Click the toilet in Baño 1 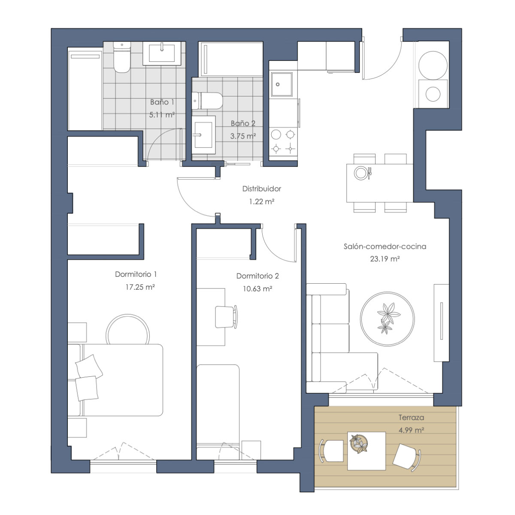pos(122,57)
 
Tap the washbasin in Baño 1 pos(162,53)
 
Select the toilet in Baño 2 pos(207,101)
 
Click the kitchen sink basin pos(282,84)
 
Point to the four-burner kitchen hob pos(283,141)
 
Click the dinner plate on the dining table pos(361,173)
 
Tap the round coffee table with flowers pos(387,319)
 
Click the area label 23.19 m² pos(385,259)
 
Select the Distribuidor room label pos(262,189)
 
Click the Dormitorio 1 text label pos(136,274)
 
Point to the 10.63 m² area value pos(257,289)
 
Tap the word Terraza pos(411,418)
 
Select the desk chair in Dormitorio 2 pos(226,317)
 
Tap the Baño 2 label pos(243,124)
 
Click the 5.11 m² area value pos(162,115)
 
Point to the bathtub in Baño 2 pos(231,59)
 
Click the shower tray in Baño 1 pos(85,89)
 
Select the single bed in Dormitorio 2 pos(218,412)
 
